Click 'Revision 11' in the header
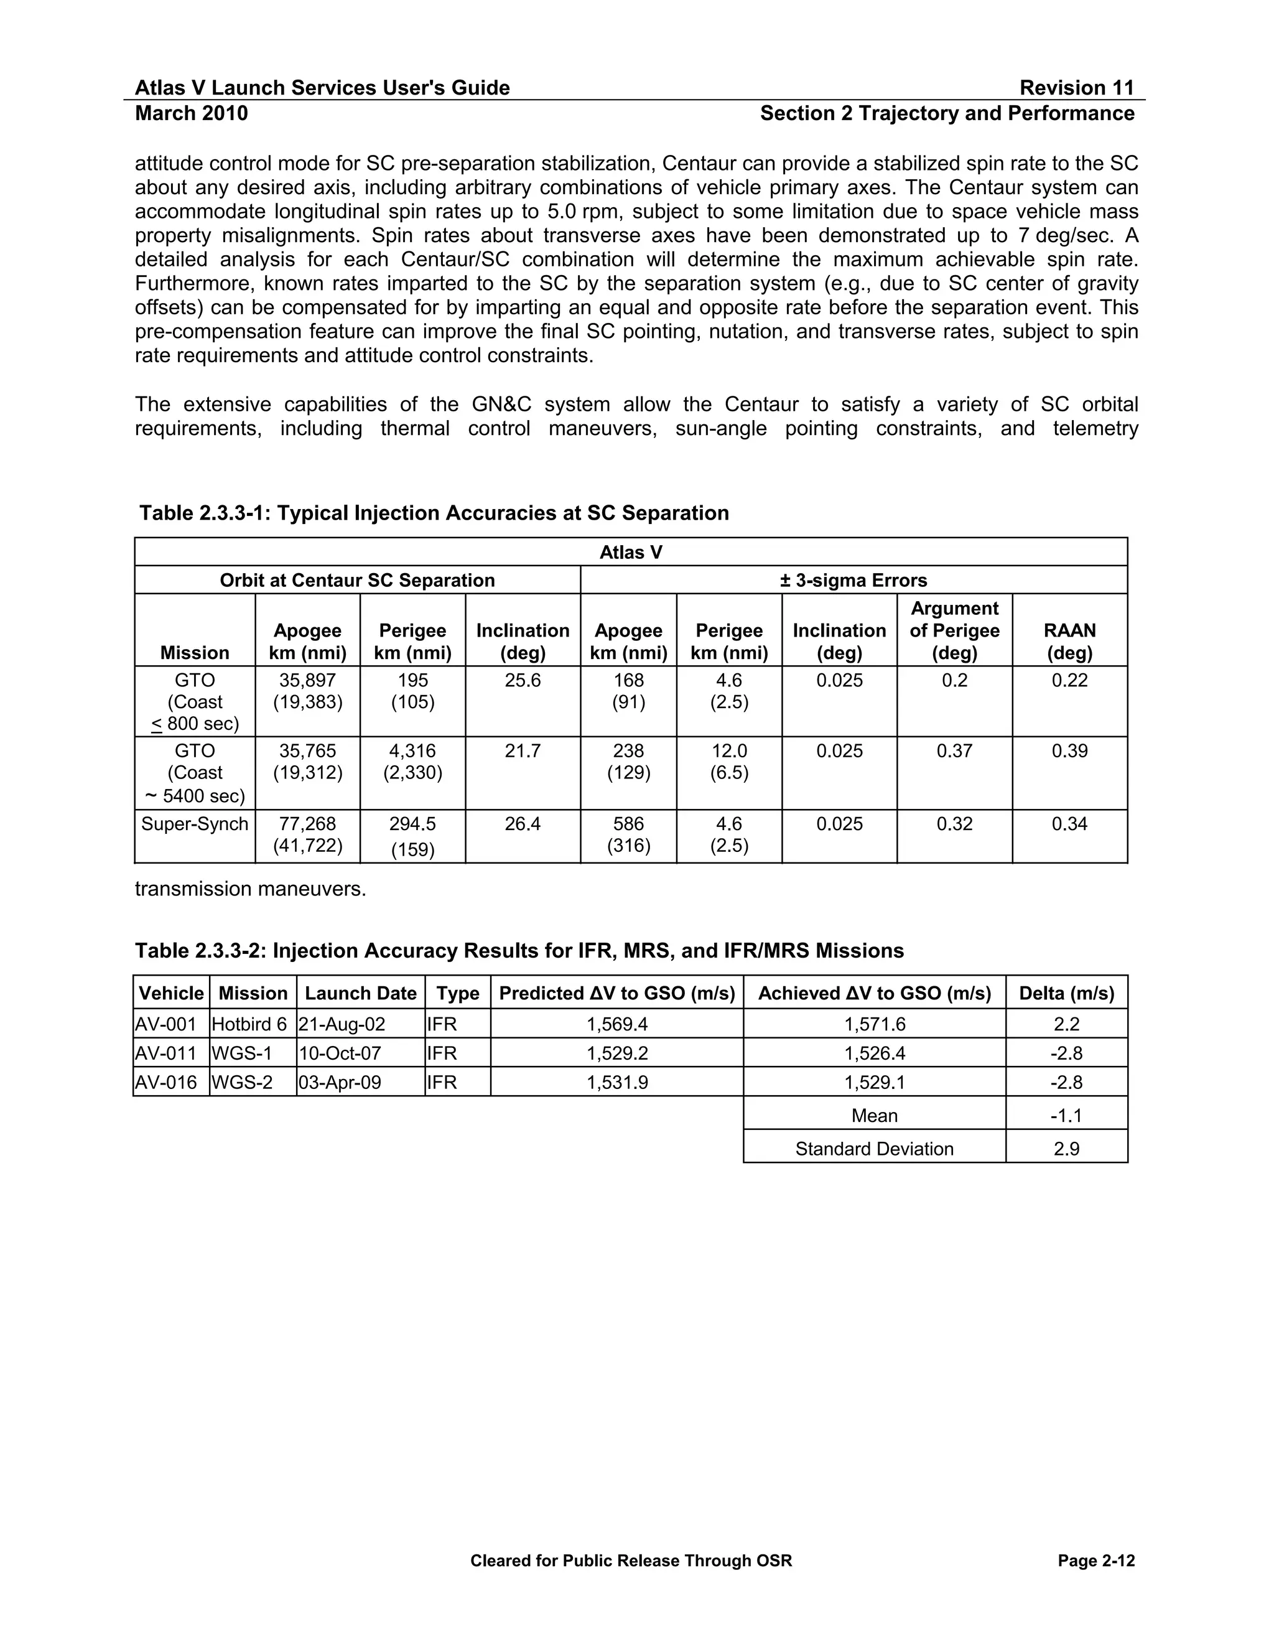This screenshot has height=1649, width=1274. click(1076, 88)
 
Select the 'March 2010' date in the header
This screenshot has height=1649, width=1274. click(191, 113)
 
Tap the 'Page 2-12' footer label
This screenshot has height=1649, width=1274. click(1096, 1561)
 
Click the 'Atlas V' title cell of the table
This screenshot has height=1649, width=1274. click(631, 553)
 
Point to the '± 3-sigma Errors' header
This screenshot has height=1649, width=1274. click(853, 581)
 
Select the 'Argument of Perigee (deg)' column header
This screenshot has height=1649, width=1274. click(954, 630)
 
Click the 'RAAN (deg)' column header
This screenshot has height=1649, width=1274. click(1069, 641)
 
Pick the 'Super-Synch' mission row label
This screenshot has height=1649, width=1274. click(195, 824)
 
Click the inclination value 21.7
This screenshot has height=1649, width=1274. click(523, 751)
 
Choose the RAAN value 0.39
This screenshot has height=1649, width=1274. click(1069, 751)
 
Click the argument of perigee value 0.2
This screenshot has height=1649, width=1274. click(954, 680)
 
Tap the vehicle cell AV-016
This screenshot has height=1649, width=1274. click(166, 1083)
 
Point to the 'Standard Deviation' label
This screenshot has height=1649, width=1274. click(874, 1149)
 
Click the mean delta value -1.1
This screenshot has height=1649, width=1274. click(1066, 1116)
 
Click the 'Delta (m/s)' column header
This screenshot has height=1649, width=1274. click(1066, 993)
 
